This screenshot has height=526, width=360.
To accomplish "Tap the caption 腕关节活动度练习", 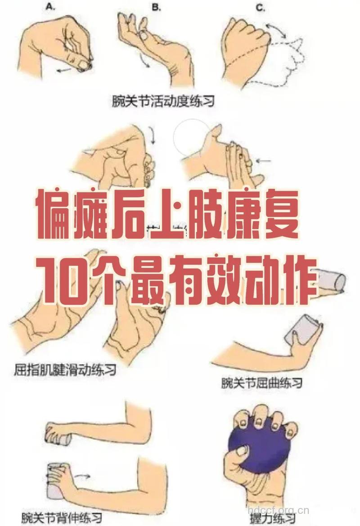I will (163, 100).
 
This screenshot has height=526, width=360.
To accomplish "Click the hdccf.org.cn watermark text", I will (279, 510).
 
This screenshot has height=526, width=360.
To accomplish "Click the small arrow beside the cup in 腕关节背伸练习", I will (83, 475).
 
